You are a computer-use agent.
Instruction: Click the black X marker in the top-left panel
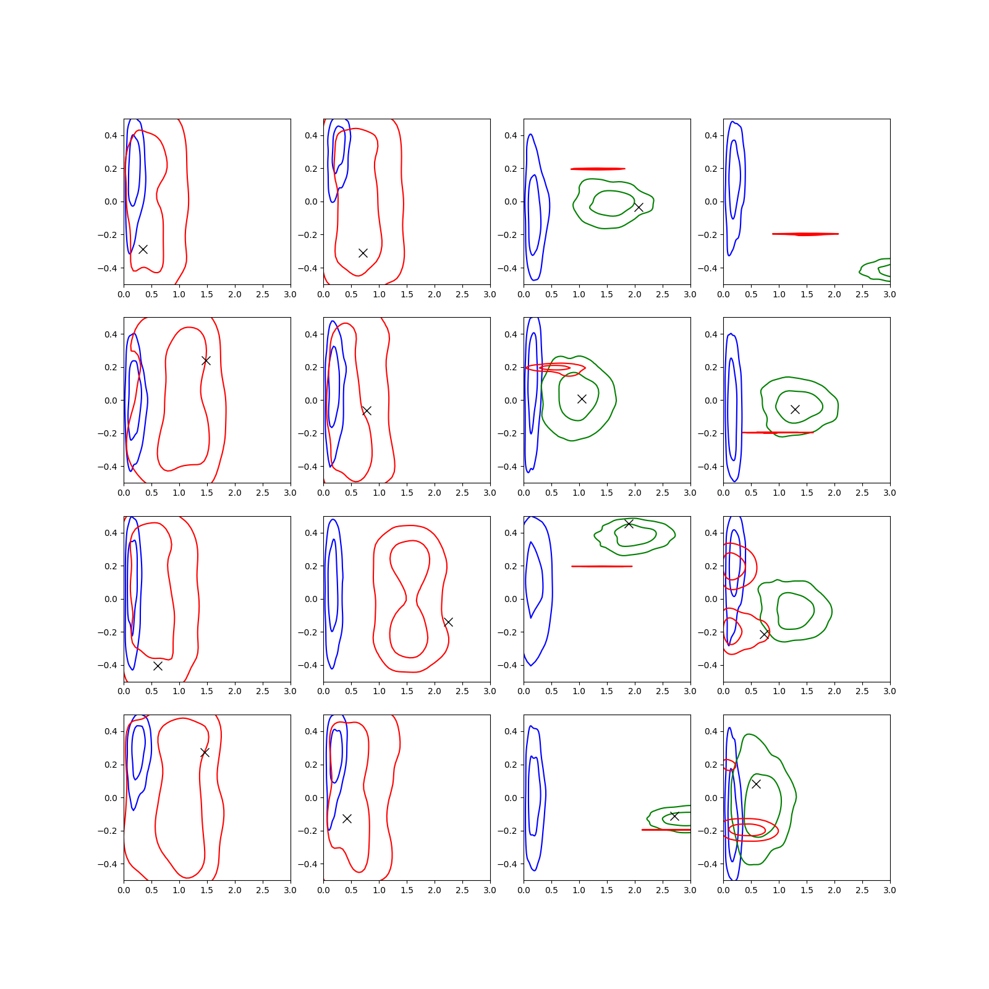click(143, 249)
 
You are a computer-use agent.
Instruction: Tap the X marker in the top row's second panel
click(363, 253)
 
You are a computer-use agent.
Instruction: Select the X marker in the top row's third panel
click(639, 207)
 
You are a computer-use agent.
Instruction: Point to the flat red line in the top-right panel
click(805, 234)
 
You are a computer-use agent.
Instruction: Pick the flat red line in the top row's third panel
click(598, 169)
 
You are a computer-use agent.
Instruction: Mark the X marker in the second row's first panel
click(206, 360)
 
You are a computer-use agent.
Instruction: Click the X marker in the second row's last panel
click(795, 409)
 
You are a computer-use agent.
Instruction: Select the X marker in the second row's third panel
click(582, 399)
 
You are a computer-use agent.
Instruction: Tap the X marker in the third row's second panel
click(448, 622)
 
